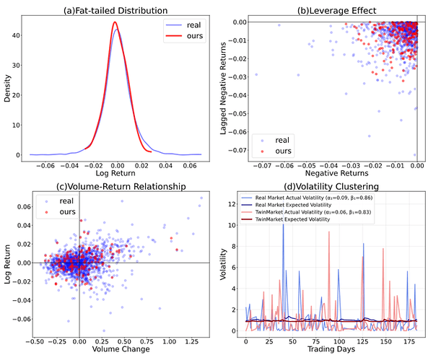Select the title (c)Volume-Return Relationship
[115, 187]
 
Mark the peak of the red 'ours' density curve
[115, 22]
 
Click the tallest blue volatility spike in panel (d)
[283, 224]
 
